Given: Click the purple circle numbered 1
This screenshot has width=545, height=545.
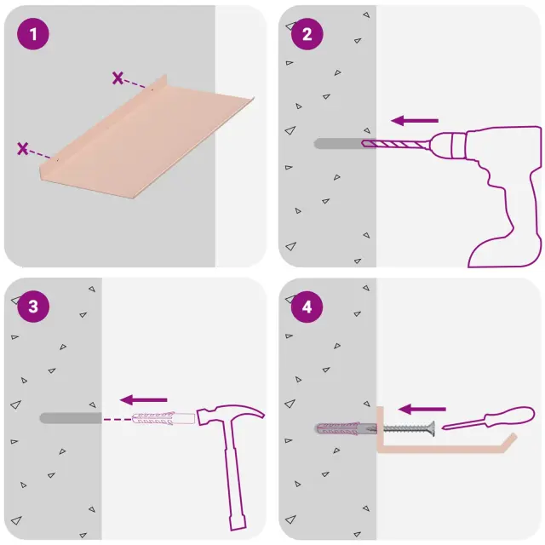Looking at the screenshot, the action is (33, 34).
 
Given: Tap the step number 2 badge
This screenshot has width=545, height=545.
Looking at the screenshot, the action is (307, 34).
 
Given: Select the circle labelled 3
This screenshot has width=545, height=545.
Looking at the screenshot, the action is (33, 307).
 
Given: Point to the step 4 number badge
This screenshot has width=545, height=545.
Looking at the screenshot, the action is (307, 307).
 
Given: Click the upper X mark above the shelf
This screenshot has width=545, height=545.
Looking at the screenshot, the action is (118, 77).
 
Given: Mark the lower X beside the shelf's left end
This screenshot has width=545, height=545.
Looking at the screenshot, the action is (23, 148).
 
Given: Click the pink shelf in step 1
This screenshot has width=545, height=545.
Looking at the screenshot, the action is (146, 139).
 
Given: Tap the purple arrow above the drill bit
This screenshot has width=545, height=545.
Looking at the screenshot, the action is (415, 121).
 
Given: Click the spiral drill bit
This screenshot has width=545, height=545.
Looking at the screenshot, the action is (394, 144).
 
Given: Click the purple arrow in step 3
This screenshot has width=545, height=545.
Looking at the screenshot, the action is (144, 400).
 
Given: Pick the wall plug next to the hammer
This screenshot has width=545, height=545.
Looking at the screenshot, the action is (163, 418).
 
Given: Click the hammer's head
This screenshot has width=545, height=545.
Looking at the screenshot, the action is (229, 415).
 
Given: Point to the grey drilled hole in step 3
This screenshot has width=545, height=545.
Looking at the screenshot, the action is (71, 418).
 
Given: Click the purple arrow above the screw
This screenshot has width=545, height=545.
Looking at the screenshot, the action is (422, 409).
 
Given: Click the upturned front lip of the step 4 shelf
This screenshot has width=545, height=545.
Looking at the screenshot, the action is (509, 442).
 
